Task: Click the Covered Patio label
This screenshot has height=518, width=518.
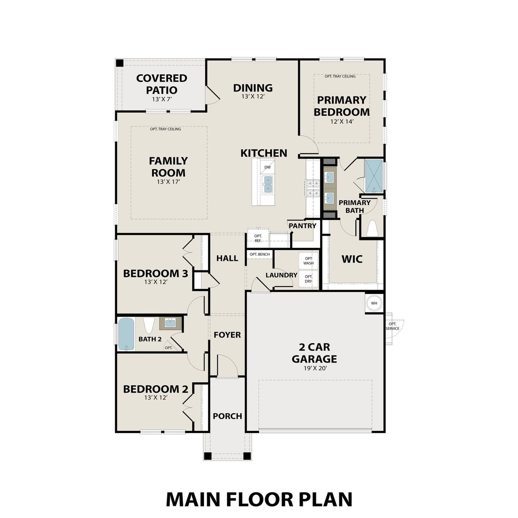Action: (x=161, y=84)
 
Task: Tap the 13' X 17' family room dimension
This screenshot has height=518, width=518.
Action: (x=168, y=182)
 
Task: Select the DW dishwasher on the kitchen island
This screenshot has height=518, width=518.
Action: (x=267, y=167)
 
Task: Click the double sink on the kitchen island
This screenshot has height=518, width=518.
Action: (x=267, y=184)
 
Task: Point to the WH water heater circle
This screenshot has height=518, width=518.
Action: (x=374, y=303)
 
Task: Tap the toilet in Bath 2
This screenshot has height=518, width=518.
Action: (x=149, y=325)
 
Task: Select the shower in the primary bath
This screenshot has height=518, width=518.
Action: (x=374, y=176)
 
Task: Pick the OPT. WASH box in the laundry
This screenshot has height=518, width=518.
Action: (x=308, y=261)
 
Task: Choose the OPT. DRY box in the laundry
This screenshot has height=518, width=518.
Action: (x=308, y=279)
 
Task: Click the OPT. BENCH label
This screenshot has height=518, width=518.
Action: (x=259, y=255)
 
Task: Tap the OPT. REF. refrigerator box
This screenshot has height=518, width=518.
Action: (x=258, y=238)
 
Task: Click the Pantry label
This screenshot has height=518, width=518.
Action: (x=302, y=226)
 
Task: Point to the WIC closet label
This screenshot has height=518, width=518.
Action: (x=352, y=259)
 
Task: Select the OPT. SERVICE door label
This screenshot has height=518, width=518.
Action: (x=392, y=326)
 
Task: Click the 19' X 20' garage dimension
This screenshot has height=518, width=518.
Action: (x=314, y=369)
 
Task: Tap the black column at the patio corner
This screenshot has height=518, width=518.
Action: (x=120, y=63)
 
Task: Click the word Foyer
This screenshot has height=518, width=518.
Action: (x=227, y=335)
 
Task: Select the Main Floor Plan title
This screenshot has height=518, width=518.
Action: (x=259, y=499)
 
